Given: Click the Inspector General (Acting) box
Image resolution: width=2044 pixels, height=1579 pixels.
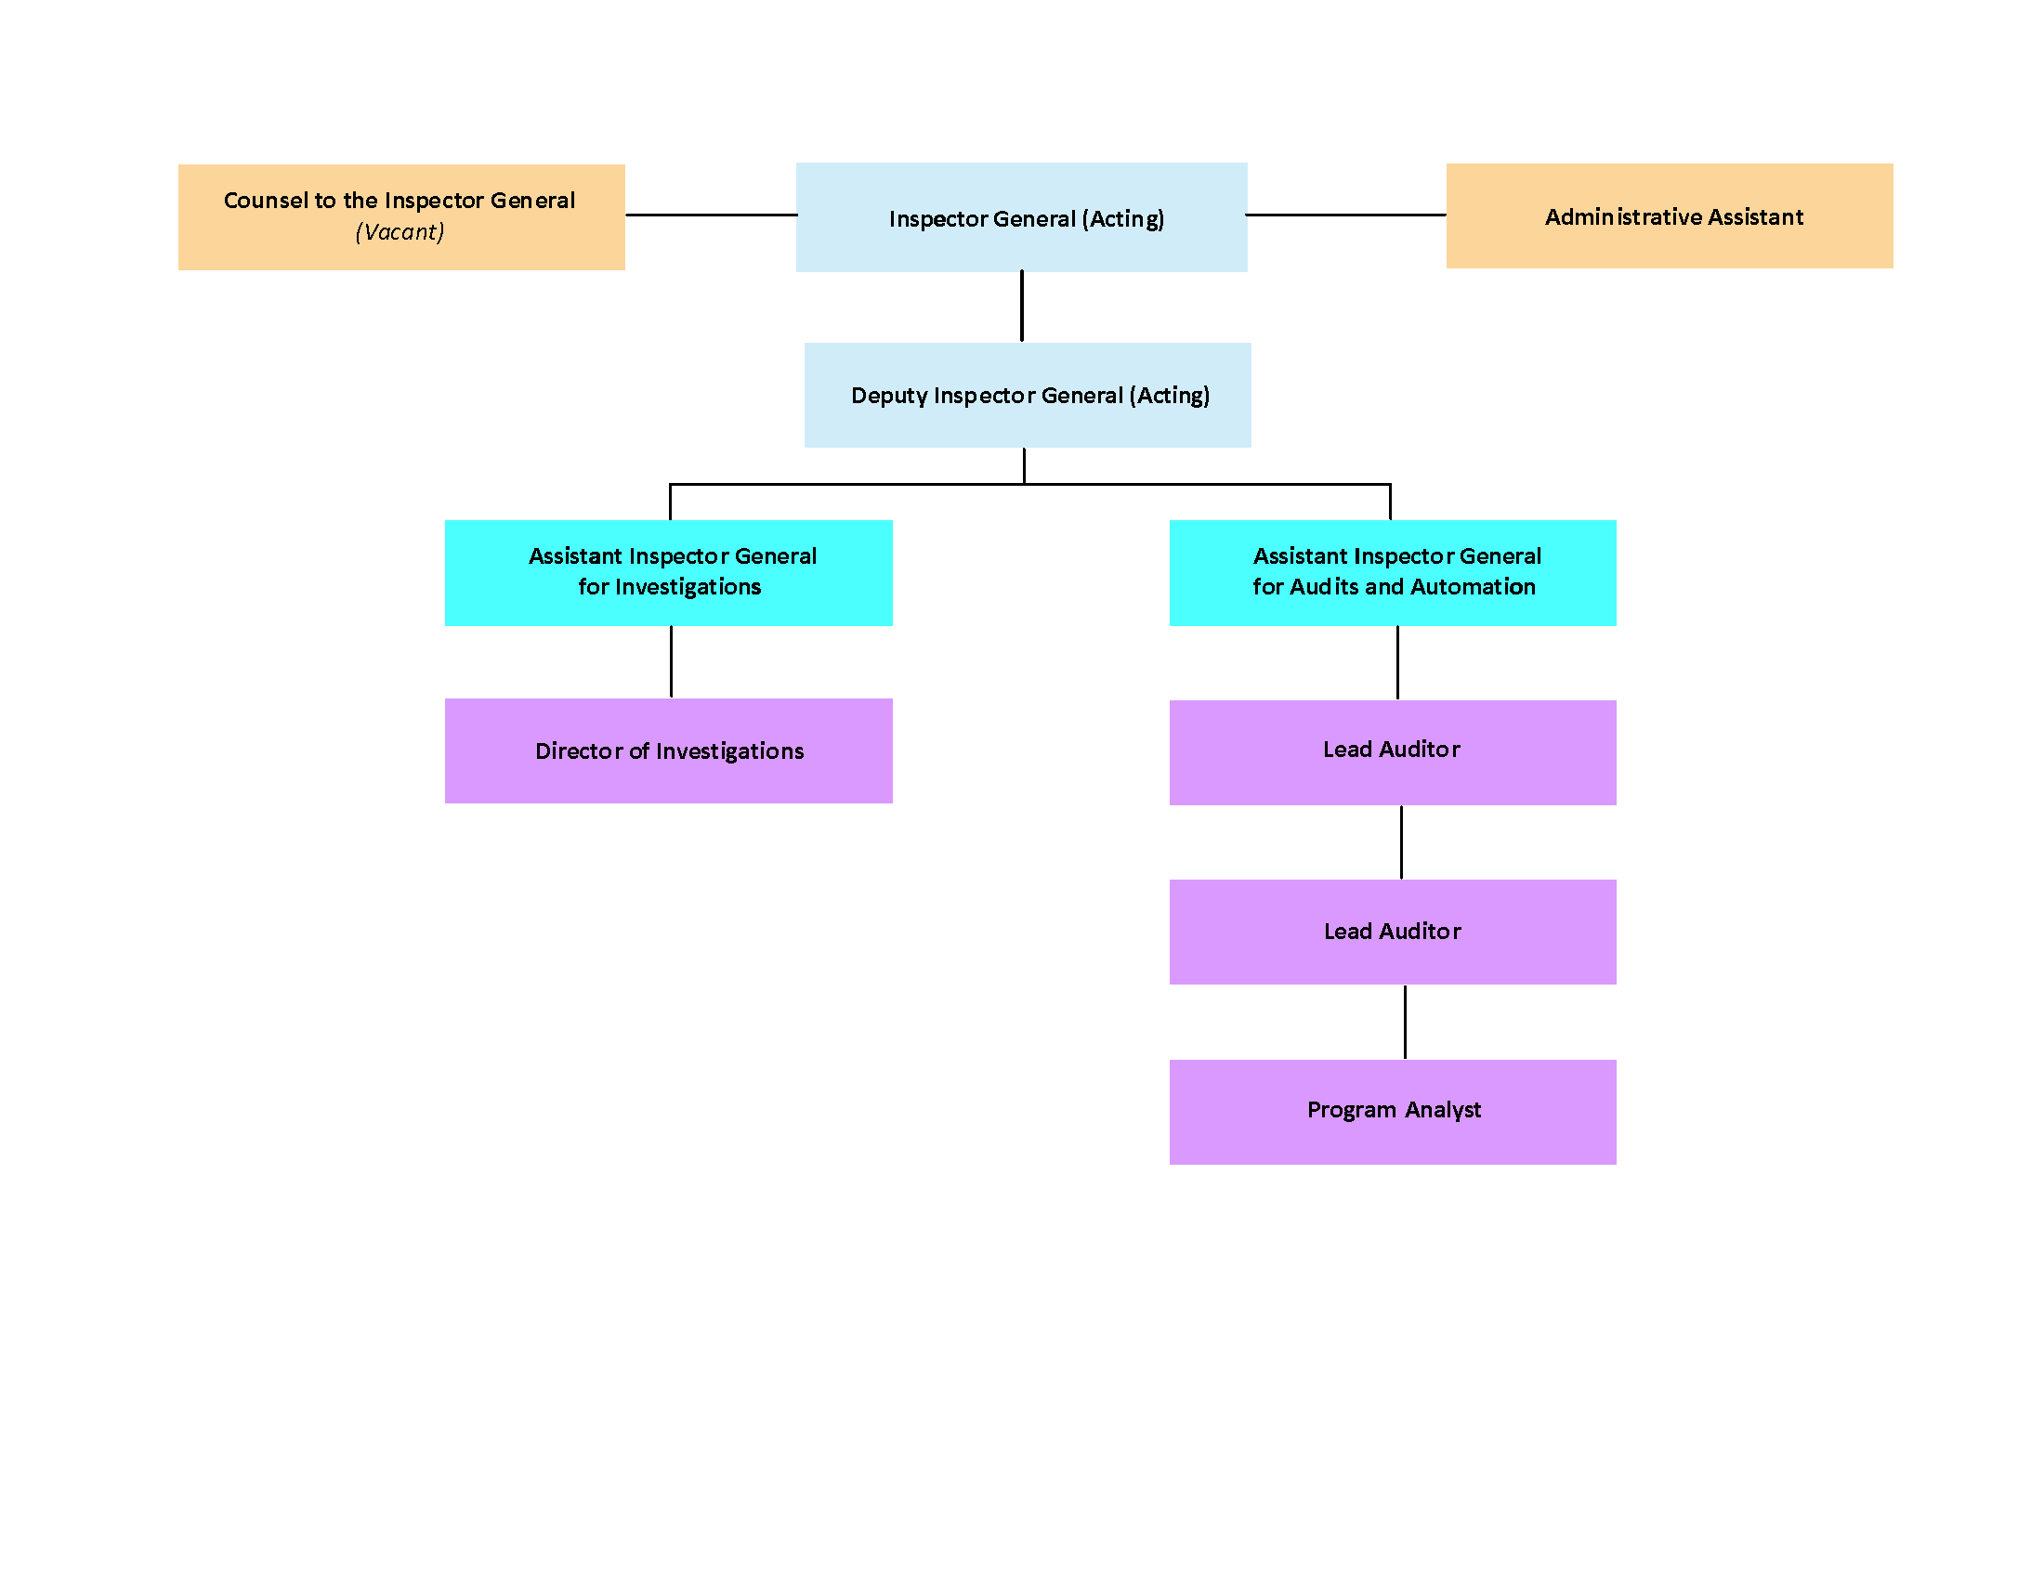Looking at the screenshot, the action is pyautogui.click(x=1021, y=217).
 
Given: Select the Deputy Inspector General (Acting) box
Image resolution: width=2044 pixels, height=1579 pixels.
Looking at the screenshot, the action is pyautogui.click(x=1028, y=395).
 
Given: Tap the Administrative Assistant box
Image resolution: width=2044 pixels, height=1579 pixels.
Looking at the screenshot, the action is pyautogui.click(x=1670, y=216).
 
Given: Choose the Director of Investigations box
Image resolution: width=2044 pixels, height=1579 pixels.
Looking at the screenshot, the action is pyautogui.click(x=668, y=751).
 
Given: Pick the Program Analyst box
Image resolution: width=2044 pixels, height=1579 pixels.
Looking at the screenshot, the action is pyautogui.click(x=1393, y=1112).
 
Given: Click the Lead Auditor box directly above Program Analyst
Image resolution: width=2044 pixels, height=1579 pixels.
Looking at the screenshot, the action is pyautogui.click(x=1393, y=932).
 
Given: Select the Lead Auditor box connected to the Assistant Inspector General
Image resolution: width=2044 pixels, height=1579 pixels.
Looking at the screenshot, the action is pyautogui.click(x=1393, y=753).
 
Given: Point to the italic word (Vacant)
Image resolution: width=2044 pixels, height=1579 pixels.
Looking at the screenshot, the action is pyautogui.click(x=400, y=232).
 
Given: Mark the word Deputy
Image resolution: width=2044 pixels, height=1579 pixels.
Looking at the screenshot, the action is pyautogui.click(x=889, y=396).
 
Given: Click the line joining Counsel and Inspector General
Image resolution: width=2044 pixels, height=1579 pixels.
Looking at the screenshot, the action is pyautogui.click(x=712, y=215).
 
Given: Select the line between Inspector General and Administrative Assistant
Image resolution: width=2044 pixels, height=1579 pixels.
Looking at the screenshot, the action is pyautogui.click(x=1346, y=215).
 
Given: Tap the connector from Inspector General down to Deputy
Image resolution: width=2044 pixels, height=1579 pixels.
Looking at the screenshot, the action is pyautogui.click(x=1022, y=306).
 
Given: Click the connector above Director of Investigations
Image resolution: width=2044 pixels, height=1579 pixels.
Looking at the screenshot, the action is pyautogui.click(x=671, y=661).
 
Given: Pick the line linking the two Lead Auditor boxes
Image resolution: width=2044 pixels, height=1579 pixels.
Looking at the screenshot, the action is pyautogui.click(x=1401, y=842).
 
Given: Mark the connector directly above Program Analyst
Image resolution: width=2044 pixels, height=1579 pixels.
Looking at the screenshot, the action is pyautogui.click(x=1405, y=1022).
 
